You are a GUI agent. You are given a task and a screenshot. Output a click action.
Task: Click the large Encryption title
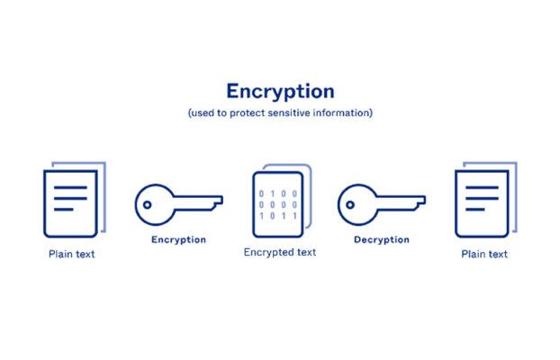(x=280, y=92)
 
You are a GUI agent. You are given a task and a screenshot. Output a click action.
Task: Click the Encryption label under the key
(x=178, y=239)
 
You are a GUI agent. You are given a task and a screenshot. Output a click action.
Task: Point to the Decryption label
(x=382, y=239)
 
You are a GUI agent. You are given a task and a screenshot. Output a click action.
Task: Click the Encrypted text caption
(x=280, y=253)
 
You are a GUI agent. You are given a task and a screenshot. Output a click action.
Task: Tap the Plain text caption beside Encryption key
(x=72, y=254)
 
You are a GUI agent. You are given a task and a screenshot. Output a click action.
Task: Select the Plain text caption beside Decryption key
(x=484, y=254)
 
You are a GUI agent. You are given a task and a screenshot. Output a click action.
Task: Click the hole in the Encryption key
(x=147, y=204)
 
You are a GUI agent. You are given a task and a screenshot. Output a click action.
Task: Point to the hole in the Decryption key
(x=350, y=204)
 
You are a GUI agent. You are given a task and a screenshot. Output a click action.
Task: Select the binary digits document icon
(x=282, y=201)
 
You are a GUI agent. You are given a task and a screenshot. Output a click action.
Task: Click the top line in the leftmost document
(x=70, y=187)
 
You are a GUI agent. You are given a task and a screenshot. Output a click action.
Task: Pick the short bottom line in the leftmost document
(x=64, y=210)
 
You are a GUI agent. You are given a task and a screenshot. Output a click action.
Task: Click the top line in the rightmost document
(x=483, y=187)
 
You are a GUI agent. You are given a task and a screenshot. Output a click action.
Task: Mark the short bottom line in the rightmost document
(x=475, y=210)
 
